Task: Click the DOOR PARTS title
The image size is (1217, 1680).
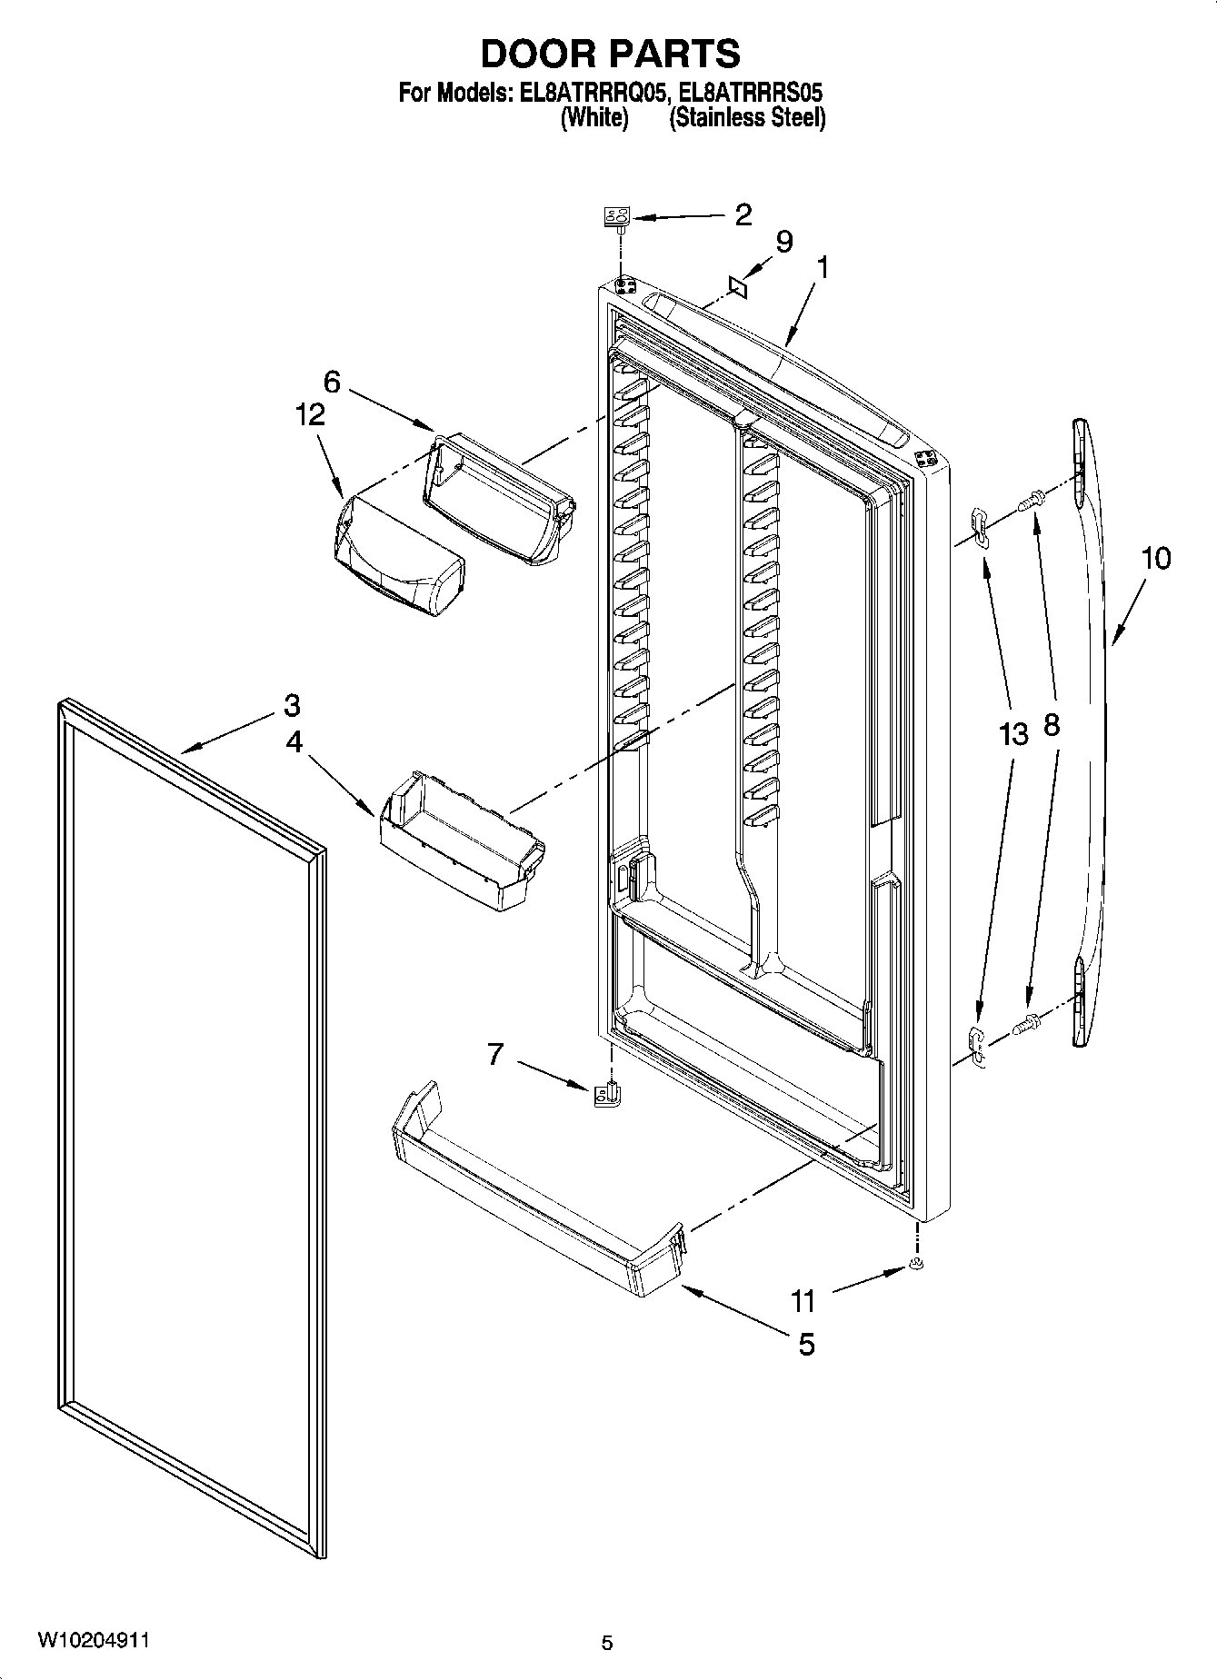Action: [x=609, y=55]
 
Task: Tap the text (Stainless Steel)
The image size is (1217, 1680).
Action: [x=747, y=118]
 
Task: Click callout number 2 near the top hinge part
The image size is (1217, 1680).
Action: [x=743, y=214]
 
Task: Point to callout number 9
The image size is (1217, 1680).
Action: [x=783, y=242]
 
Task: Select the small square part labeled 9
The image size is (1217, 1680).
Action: [x=738, y=287]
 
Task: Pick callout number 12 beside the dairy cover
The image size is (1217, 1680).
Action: [x=309, y=414]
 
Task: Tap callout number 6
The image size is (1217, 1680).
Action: [x=332, y=382]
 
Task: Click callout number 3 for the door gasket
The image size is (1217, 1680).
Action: [x=292, y=704]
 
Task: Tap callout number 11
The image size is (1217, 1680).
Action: [x=803, y=1301]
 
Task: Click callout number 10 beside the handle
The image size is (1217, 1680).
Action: [x=1155, y=558]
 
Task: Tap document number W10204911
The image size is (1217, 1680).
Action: [x=94, y=1637]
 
